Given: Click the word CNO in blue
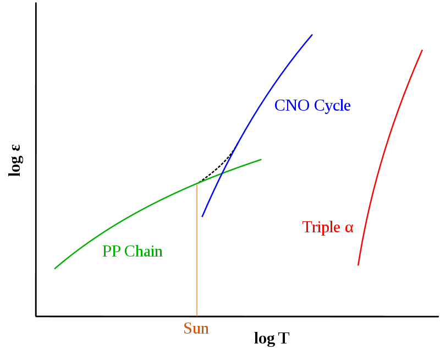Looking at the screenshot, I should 292,106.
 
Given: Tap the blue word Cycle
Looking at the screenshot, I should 332,106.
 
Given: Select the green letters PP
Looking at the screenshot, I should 112,252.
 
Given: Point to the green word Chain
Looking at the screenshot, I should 143,252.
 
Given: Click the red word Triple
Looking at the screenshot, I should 321,227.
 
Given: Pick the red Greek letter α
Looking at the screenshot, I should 349,228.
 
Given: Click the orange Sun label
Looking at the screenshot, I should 196,329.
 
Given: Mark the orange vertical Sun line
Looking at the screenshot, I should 196,253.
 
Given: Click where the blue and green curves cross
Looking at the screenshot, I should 222,173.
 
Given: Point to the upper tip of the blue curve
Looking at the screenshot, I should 312,35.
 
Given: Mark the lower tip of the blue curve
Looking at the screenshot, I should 202,217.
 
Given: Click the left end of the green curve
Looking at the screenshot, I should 55,269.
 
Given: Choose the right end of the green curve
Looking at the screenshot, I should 261,160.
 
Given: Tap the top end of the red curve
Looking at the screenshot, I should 422,50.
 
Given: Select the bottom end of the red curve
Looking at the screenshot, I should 358,265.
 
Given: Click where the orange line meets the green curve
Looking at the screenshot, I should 196,183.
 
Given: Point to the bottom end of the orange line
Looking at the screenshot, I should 196,316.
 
